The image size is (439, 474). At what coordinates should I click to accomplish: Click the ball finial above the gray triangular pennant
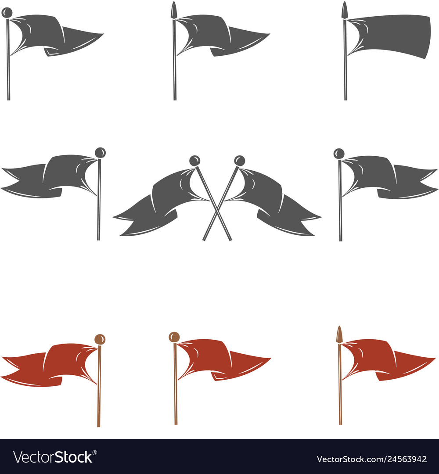[7, 13]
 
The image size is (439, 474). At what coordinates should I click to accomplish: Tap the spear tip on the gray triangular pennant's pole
[174, 10]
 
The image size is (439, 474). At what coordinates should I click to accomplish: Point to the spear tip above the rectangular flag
[345, 10]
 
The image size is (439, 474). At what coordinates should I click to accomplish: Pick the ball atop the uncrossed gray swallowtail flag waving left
[100, 153]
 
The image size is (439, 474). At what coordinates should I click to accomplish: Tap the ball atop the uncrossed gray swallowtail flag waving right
[339, 154]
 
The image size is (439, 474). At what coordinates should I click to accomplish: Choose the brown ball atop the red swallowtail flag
[100, 339]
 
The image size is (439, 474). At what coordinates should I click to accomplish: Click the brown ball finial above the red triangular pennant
[174, 337]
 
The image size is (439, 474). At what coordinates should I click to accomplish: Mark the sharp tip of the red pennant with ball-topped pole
[270, 359]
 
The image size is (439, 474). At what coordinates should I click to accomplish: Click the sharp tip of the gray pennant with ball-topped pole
[103, 34]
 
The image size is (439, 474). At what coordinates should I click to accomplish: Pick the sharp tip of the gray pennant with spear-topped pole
[269, 34]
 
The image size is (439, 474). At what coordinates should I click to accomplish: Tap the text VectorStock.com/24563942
[371, 459]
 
